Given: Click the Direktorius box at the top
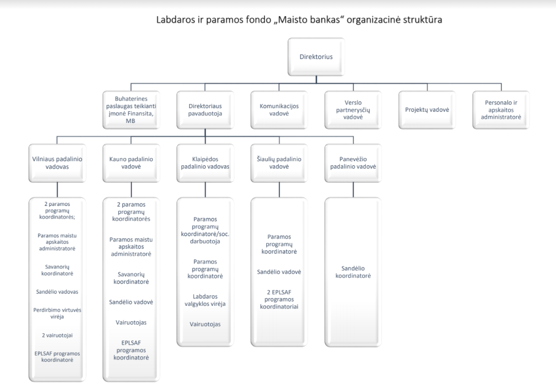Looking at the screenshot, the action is pyautogui.click(x=316, y=57).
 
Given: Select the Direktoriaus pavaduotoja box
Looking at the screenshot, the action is pyautogui.click(x=205, y=110).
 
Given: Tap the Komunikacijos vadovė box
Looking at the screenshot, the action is pyautogui.click(x=279, y=110).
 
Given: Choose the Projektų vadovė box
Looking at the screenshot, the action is pyautogui.click(x=427, y=110).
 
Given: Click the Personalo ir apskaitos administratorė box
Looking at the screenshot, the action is pyautogui.click(x=501, y=110).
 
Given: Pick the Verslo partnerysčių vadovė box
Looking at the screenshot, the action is pyautogui.click(x=353, y=110).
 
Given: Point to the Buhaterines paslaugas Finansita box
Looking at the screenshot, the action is pyautogui.click(x=131, y=110).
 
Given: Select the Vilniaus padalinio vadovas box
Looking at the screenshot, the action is pyautogui.click(x=57, y=163).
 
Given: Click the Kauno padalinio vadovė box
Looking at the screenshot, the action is pyautogui.click(x=131, y=163).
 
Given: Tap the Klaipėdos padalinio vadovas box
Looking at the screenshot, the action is pyautogui.click(x=205, y=163).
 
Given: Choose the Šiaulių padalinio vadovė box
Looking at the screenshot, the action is pyautogui.click(x=279, y=163).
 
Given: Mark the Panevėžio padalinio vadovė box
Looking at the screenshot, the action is pyautogui.click(x=353, y=163).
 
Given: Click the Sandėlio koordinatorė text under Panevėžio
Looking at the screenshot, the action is pyautogui.click(x=353, y=272).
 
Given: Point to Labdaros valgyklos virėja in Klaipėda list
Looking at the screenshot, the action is pyautogui.click(x=205, y=300).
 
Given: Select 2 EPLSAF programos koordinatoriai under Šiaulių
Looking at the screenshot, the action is pyautogui.click(x=279, y=299).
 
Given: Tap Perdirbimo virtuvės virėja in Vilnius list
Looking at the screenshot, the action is pyautogui.click(x=57, y=313).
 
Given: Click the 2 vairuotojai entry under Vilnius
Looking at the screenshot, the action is pyautogui.click(x=57, y=335).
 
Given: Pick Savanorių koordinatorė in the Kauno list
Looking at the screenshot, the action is pyautogui.click(x=131, y=278).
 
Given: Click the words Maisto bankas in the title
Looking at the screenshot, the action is pyautogui.click(x=309, y=20).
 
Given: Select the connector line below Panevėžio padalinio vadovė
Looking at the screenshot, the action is pyautogui.click(x=353, y=190).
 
